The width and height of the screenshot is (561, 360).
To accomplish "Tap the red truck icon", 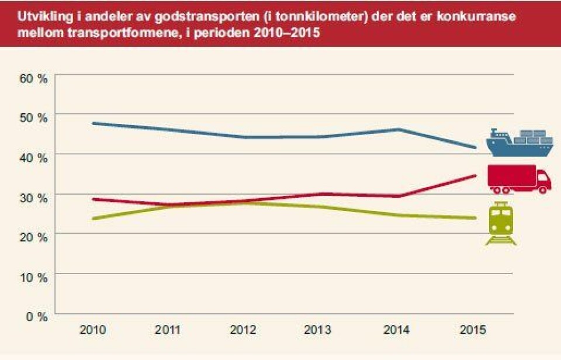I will (519, 179).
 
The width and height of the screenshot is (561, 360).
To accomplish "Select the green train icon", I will (501, 224).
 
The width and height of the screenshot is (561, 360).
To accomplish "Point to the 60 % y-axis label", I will (34, 79).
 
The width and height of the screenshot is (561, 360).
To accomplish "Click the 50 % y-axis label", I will (34, 117).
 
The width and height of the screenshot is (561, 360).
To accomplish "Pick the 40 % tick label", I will (34, 157).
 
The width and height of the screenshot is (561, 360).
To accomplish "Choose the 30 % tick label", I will (34, 197).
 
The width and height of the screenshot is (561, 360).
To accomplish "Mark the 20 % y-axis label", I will (34, 237).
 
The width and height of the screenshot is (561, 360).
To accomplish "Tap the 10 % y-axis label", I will (34, 276).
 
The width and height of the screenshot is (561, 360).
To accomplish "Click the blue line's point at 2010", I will (93, 123).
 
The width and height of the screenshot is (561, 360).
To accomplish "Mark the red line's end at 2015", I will (475, 175).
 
